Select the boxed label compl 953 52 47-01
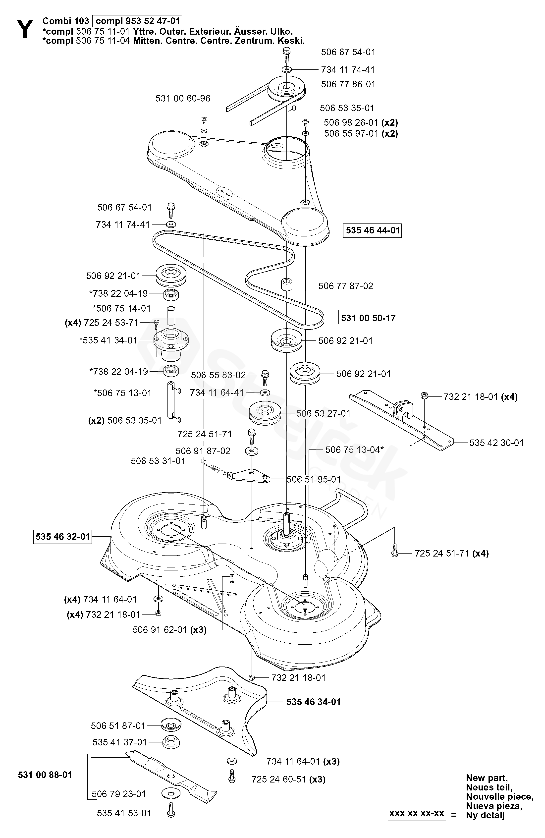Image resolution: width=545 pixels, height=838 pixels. [137, 21]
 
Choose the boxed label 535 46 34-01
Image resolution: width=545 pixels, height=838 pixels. [313, 702]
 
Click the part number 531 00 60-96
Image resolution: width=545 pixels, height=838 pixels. [183, 98]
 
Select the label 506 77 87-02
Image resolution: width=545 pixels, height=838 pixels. [346, 286]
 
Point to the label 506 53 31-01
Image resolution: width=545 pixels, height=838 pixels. [158, 461]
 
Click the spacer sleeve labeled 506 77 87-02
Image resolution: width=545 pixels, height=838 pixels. [287, 284]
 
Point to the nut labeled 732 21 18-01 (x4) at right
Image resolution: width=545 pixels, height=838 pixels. [424, 395]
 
